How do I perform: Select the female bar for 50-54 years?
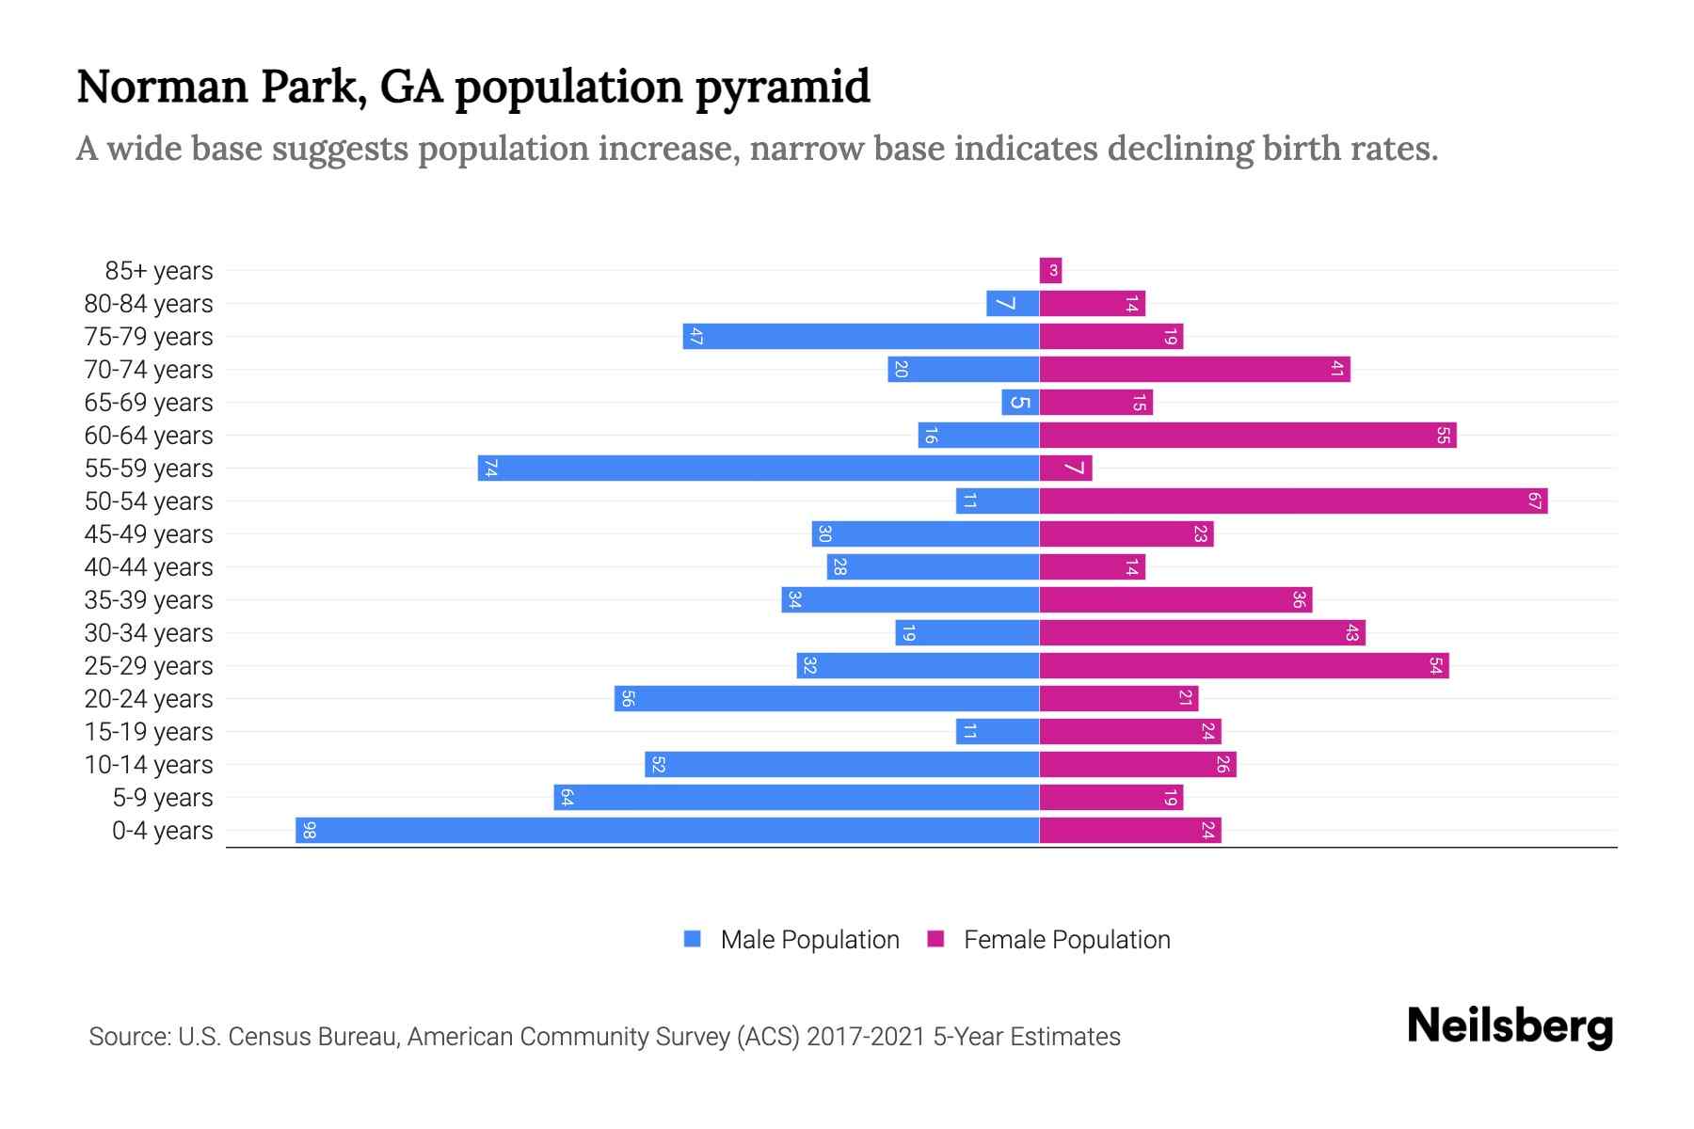point(1293,501)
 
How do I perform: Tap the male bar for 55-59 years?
point(758,468)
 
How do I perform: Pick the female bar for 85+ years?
point(1050,270)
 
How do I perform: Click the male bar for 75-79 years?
point(860,336)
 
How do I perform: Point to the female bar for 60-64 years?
point(1247,435)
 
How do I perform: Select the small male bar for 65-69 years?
point(1020,402)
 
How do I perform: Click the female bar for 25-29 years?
point(1243,665)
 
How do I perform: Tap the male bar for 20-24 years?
point(826,698)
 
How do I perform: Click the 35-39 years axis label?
point(149,600)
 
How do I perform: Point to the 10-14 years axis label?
point(149,765)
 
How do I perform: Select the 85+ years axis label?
point(159,271)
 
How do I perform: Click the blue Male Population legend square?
point(693,939)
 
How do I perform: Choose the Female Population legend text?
point(1066,940)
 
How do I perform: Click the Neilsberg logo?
point(1510,1026)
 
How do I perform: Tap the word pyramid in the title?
point(782,87)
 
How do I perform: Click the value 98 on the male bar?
point(309,831)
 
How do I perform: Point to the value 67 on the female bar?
point(1534,501)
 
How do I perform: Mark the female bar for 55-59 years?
point(1065,468)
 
